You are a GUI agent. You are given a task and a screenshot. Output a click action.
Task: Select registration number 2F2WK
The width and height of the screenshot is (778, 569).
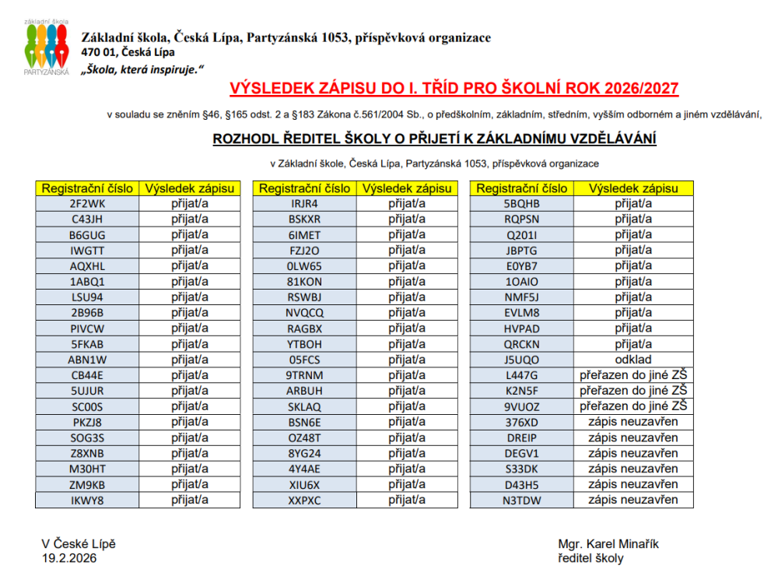coord(87,204)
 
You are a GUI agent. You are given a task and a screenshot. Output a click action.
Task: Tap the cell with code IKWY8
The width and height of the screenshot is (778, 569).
coord(87,500)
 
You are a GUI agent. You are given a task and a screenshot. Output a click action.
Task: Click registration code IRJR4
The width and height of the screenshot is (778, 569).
coord(304,204)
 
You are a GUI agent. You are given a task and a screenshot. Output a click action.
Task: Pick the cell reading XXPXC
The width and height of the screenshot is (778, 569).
coord(304,500)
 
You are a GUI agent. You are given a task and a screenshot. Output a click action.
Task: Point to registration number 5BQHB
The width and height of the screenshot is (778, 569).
coord(521,204)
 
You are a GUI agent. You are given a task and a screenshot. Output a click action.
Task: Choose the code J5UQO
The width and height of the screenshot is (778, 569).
coord(521,360)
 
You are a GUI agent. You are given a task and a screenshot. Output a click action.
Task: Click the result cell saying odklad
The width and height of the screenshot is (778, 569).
coord(633,360)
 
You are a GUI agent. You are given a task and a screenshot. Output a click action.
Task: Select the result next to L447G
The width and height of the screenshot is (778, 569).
coord(633,375)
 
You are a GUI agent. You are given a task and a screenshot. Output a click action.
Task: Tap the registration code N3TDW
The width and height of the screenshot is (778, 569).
coord(521,500)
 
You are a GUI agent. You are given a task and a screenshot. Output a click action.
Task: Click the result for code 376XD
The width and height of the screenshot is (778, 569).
coord(633,422)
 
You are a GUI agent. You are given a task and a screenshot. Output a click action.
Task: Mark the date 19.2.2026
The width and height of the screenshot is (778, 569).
coord(70,558)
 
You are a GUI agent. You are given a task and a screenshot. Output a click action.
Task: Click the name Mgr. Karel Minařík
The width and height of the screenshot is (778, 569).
coord(608,544)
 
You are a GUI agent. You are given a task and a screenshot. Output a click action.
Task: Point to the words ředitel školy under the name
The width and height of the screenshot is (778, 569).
coord(591,558)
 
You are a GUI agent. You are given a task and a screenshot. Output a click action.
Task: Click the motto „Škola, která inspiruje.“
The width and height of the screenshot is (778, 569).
coord(142,69)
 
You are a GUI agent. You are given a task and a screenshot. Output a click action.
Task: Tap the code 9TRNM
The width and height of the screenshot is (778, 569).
coord(304,375)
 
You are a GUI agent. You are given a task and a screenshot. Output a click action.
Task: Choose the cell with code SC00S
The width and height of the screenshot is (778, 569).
coord(87,406)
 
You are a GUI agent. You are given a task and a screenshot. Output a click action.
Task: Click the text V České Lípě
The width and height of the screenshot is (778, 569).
coord(79,544)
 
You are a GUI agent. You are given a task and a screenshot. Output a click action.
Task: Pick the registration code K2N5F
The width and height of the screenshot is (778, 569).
coord(521,391)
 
